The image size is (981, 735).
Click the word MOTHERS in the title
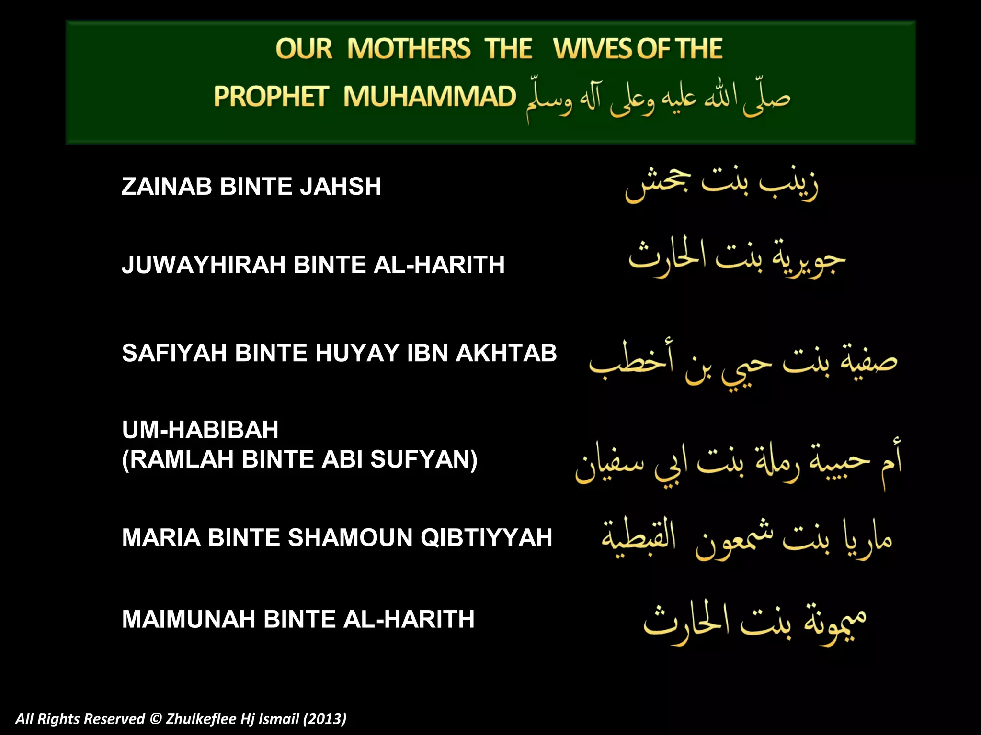409,49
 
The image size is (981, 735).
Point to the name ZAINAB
167,186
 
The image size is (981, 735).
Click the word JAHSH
341,186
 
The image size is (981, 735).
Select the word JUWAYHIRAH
204,265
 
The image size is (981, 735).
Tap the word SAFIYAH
174,353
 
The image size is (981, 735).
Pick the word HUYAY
357,353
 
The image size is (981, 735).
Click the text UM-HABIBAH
200,429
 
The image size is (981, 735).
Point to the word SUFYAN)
424,459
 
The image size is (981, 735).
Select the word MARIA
161,537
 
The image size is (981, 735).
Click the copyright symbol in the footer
156,719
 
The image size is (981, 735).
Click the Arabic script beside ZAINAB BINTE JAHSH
722,185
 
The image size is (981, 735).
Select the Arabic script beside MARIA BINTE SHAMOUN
747,538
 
